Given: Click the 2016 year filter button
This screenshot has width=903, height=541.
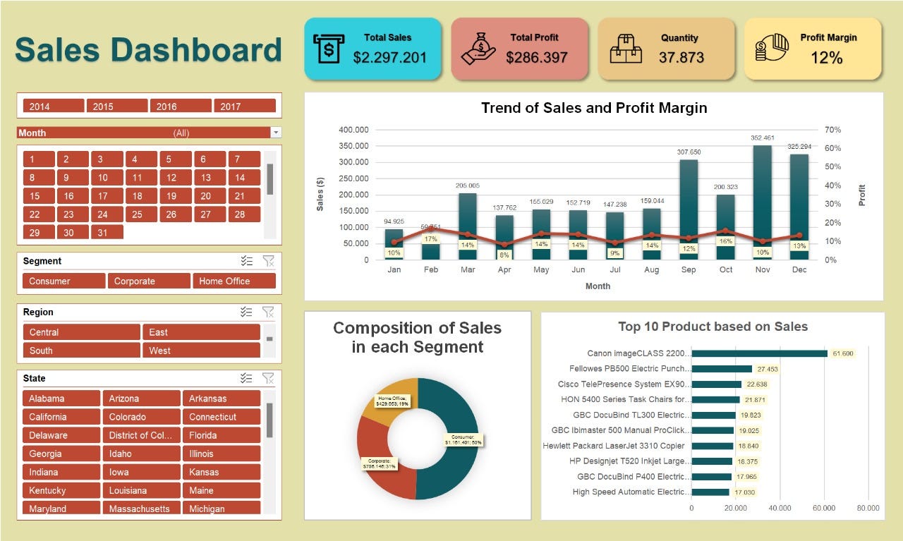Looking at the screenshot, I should [x=181, y=107].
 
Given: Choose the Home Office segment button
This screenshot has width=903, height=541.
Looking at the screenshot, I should [x=234, y=281].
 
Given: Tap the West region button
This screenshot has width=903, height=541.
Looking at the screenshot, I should [x=201, y=351].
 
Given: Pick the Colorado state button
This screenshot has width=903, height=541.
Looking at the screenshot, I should [x=141, y=417].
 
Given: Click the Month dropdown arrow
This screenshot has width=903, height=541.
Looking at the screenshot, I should [x=276, y=133].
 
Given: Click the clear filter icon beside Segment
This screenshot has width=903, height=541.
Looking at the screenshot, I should [x=268, y=261].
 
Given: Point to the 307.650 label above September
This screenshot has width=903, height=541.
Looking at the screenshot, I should [x=689, y=152].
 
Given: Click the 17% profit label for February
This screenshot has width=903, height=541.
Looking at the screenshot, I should [x=430, y=239].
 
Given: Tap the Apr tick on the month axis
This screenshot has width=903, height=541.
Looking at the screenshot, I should [x=504, y=269].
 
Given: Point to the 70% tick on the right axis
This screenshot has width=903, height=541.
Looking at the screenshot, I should [x=832, y=130].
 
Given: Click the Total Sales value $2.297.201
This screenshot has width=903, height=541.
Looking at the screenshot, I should [x=389, y=58].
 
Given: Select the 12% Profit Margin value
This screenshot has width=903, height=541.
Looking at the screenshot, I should [x=826, y=58].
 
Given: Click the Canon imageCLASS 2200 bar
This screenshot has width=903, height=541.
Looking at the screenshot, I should [x=759, y=353].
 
